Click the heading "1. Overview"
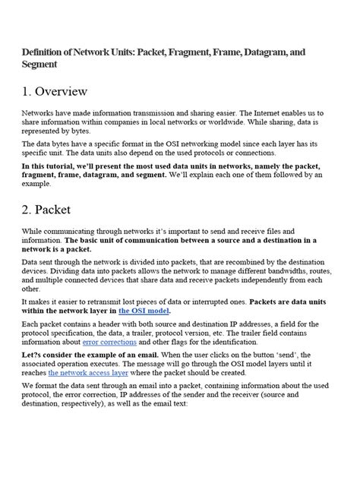(55, 92)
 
